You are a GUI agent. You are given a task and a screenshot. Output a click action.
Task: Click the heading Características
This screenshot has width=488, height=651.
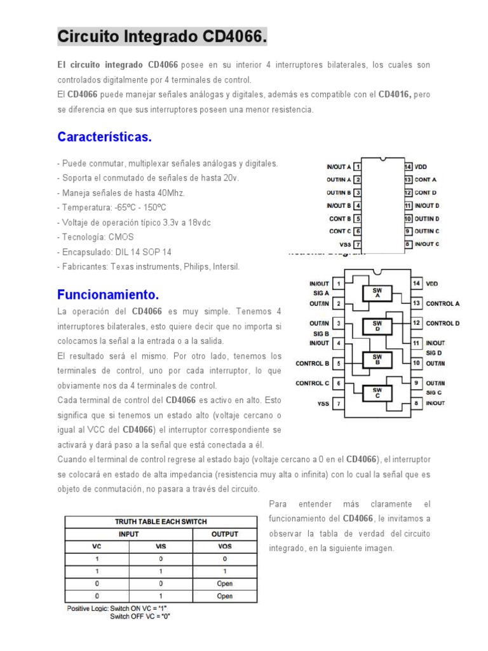click(x=104, y=137)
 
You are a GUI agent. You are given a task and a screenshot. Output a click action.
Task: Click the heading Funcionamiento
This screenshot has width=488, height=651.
click(x=107, y=295)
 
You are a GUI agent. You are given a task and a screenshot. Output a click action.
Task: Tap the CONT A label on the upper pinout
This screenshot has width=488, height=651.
click(x=426, y=179)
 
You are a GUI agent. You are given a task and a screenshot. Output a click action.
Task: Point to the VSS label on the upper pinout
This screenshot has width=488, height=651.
click(x=344, y=244)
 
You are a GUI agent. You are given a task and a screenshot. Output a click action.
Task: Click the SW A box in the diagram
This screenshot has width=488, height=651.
click(x=377, y=293)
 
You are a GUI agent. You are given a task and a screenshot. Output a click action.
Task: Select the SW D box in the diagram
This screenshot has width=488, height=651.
click(x=377, y=326)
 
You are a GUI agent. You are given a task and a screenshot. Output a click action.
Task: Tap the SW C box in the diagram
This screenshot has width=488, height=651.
click(x=377, y=393)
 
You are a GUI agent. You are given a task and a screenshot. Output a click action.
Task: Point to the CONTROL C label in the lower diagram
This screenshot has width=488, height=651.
click(x=312, y=383)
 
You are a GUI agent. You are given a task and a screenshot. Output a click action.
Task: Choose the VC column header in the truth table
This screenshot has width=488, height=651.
click(x=97, y=546)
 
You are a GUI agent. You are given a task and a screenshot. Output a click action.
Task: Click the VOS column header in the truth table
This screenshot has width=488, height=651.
click(x=225, y=546)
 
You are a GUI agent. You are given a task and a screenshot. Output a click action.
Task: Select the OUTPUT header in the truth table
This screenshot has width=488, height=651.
click(x=225, y=534)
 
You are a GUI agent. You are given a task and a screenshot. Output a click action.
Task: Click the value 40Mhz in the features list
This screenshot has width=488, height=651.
click(x=168, y=193)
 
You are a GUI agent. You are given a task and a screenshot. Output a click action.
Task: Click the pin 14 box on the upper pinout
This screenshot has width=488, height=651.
click(x=409, y=167)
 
